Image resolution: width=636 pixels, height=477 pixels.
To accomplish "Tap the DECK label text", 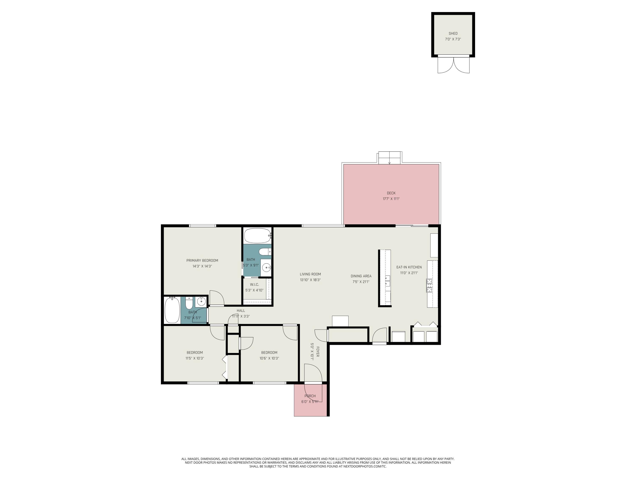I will pos(391,193).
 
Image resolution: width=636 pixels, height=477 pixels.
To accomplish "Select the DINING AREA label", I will pos(361,276).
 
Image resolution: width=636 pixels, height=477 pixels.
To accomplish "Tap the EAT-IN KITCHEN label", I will pos(409,267).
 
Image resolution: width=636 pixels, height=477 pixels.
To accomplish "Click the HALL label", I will pos(241,311).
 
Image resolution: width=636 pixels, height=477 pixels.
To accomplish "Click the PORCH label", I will pos(310,396).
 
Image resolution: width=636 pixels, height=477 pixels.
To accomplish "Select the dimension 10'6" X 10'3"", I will pos(269,358).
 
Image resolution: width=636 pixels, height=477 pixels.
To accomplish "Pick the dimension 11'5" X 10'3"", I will pos(195,358).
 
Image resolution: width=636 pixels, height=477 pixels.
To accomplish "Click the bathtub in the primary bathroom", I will pos(258,236).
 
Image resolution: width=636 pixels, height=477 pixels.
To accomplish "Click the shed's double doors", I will pos(453,65).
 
